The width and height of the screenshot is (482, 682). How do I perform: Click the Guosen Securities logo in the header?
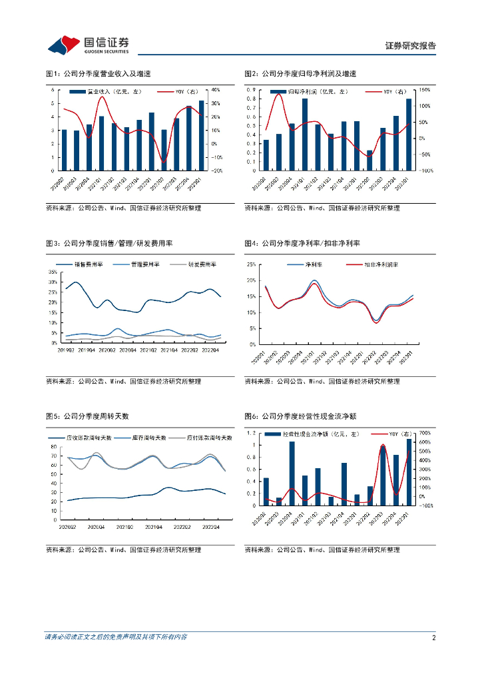point(88,45)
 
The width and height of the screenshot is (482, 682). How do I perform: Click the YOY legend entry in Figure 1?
point(174,92)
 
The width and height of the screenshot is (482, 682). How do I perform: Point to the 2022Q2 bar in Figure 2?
point(369,161)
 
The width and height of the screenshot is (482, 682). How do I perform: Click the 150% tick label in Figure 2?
point(423,89)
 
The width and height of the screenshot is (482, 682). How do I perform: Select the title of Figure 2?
point(300,73)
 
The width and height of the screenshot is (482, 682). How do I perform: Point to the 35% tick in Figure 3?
point(52,272)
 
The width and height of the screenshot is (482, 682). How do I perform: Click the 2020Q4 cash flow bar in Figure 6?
point(292,474)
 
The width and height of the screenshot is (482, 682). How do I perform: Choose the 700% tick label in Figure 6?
point(423,432)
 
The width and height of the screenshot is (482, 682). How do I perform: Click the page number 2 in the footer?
point(433,637)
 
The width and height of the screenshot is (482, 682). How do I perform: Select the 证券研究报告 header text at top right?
point(411,46)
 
